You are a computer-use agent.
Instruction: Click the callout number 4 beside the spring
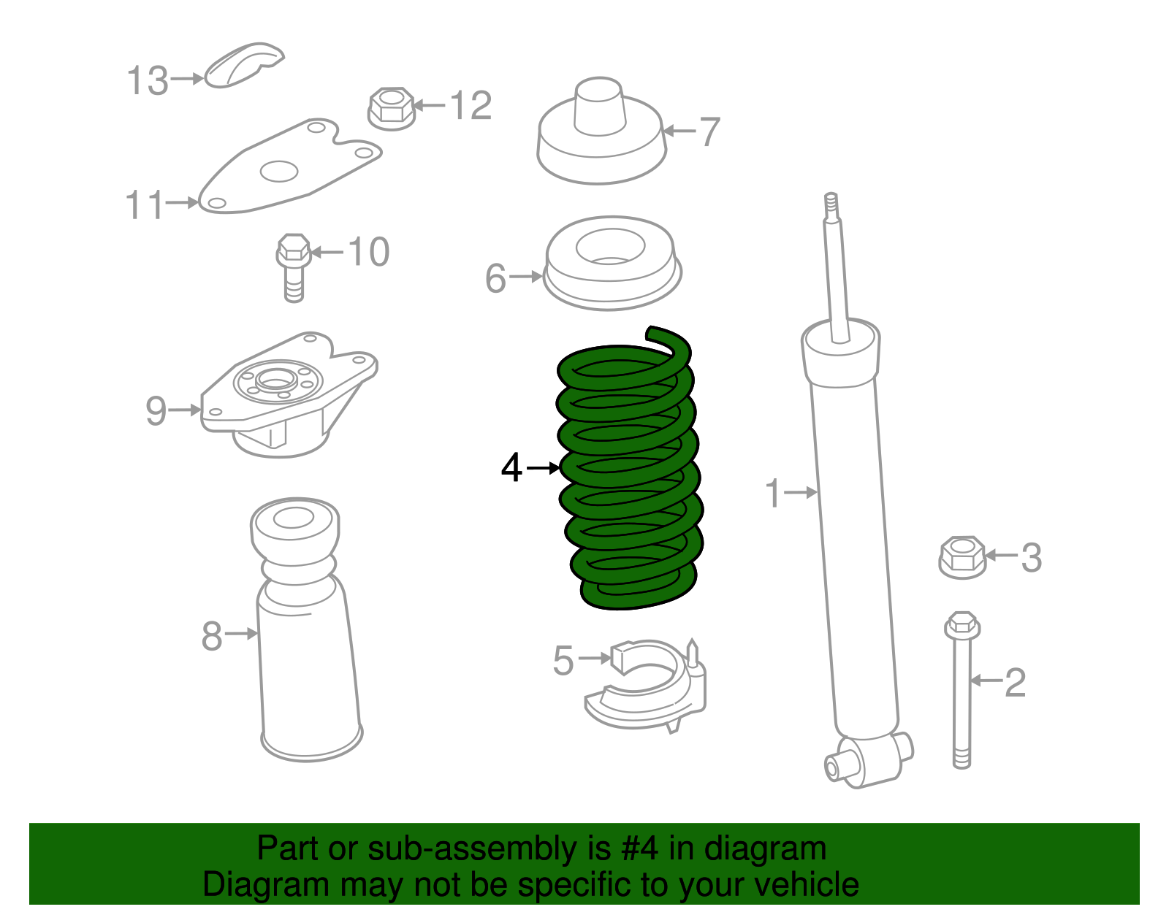coord(511,467)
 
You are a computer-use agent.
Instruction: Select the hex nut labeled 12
coord(391,108)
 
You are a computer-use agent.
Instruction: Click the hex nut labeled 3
coord(962,557)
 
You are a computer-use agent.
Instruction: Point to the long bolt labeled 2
coord(962,694)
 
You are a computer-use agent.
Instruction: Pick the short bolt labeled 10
coord(294,267)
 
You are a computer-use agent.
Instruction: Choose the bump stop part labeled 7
coord(601,139)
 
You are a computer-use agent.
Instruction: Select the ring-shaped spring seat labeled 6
coord(612,263)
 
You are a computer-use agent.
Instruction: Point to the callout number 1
coord(773,494)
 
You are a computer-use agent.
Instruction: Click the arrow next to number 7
coord(679,131)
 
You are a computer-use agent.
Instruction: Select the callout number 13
coord(148,80)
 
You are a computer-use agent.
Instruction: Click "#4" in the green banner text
coord(639,849)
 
